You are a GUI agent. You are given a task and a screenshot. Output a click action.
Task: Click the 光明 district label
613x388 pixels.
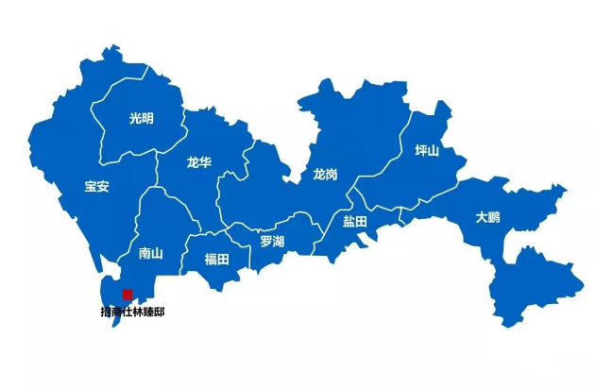coord(141,118)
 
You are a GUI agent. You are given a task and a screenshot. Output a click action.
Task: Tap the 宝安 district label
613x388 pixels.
coord(96,186)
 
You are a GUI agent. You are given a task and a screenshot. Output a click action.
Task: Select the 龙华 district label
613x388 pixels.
coord(199,162)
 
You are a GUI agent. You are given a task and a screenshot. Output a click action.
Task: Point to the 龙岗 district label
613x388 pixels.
coord(326,175)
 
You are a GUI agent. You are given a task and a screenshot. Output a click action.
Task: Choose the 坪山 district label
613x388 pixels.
coord(428,151)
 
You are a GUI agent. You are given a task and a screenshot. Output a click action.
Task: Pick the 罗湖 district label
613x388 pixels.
coord(273,241)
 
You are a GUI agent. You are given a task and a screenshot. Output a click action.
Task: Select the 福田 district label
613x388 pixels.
coord(217,259)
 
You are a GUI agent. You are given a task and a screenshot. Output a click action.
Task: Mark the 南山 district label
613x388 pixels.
coord(151,253)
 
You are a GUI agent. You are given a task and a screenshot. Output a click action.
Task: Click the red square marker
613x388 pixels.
coord(128,295)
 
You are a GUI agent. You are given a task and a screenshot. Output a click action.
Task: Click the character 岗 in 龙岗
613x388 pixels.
coord(332,175)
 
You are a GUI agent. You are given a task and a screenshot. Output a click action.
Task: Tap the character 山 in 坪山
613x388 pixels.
coord(434,151)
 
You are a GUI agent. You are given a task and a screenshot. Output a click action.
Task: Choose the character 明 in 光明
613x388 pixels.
coord(147,118)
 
